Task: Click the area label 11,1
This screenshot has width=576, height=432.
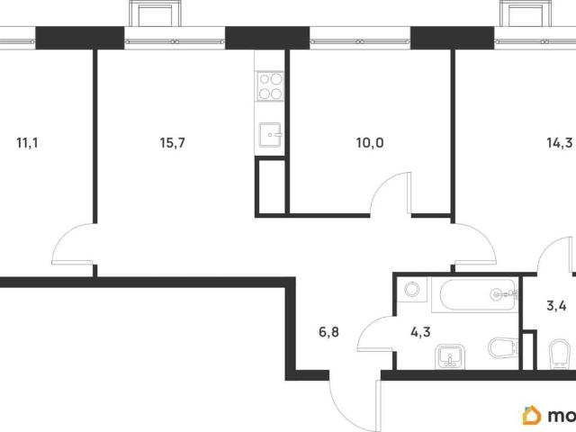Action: (x=27, y=142)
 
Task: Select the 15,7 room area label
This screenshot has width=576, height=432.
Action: (x=172, y=142)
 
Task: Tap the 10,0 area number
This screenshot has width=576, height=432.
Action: (x=370, y=142)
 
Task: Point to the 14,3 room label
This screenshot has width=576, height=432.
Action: (x=560, y=142)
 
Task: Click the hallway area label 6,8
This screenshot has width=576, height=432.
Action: (x=328, y=332)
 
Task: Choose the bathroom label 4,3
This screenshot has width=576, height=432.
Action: (x=420, y=332)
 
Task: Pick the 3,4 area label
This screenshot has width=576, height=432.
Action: (x=556, y=305)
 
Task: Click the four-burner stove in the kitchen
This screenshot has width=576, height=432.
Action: (x=271, y=85)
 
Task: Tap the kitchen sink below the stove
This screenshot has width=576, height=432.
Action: (x=270, y=135)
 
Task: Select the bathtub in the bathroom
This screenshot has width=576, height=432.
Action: (x=474, y=295)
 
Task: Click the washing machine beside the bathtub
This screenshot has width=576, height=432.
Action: (x=412, y=290)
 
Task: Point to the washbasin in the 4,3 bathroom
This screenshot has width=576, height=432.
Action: (x=450, y=356)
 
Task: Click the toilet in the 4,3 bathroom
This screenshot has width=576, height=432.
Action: (x=503, y=347)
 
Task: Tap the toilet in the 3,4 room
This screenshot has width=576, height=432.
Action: (x=560, y=353)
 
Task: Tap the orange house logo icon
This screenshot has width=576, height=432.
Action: (x=532, y=415)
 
